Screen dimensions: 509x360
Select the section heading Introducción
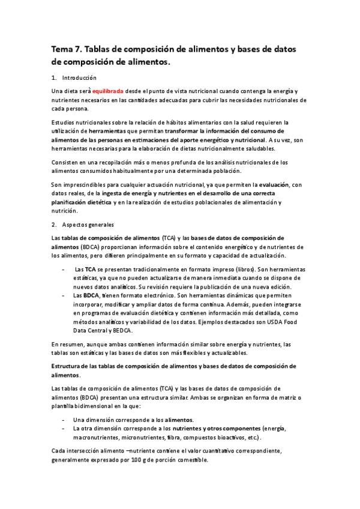point(79,78)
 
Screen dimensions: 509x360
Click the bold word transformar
point(183,130)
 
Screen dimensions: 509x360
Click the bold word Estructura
point(69,366)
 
